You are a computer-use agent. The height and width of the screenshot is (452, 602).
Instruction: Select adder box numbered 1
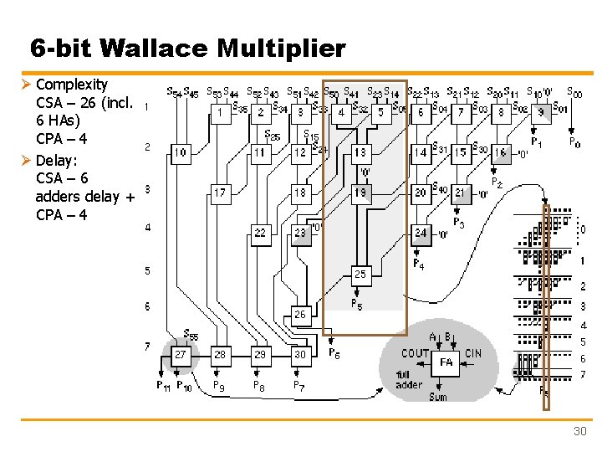219,111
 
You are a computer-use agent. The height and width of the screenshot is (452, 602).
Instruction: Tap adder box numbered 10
180,152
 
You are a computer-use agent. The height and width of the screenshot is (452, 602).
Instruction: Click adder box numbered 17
219,193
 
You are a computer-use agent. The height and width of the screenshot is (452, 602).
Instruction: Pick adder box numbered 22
260,233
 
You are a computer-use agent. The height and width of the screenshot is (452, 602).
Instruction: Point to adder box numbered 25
360,274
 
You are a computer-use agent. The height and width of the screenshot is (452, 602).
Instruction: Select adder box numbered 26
300,315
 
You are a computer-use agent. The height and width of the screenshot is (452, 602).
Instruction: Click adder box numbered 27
180,355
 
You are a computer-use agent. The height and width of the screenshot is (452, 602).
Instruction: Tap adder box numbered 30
300,355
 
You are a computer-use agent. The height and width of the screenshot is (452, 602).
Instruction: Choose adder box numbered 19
360,193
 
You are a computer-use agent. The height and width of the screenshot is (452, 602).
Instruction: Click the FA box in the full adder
447,362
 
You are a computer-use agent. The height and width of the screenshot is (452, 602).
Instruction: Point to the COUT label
416,354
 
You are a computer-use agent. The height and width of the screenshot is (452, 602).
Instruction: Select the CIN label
473,354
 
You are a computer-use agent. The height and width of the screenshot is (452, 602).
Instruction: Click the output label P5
356,304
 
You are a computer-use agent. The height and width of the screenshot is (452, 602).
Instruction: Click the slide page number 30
579,431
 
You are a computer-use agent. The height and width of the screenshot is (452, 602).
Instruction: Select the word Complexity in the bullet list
72,85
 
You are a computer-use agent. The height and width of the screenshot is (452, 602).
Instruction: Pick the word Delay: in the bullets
57,159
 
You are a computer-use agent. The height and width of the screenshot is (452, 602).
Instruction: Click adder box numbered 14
421,152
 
